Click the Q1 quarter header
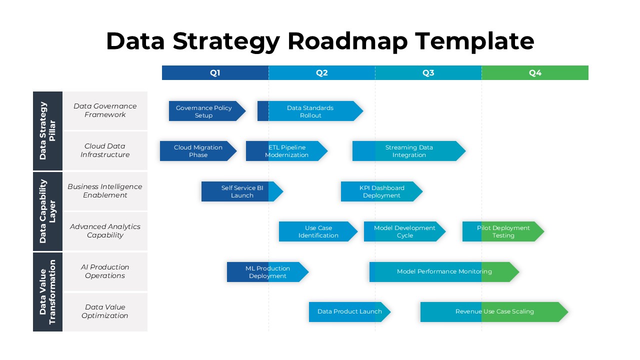pyautogui.click(x=215, y=73)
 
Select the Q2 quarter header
pyautogui.click(x=321, y=73)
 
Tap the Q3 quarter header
pyautogui.click(x=428, y=73)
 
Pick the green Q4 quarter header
pyautogui.click(x=535, y=73)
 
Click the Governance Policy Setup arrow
pyautogui.click(x=204, y=111)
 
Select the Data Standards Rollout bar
pyautogui.click(x=310, y=111)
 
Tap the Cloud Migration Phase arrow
pyautogui.click(x=198, y=151)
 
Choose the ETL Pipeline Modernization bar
pyautogui.click(x=286, y=151)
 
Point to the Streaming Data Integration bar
pyautogui.click(x=408, y=151)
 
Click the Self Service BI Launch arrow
pyautogui.click(x=242, y=191)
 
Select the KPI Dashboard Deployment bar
pyautogui.click(x=381, y=191)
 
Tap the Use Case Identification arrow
pyautogui.click(x=318, y=231)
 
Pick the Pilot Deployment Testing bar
pyautogui.click(x=503, y=231)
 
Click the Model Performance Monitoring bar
pyautogui.click(x=444, y=271)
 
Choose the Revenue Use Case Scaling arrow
pyautogui.click(x=494, y=311)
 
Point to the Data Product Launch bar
pyautogui.click(x=349, y=311)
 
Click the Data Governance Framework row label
pyautogui.click(x=105, y=110)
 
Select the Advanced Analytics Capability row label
pyautogui.click(x=105, y=231)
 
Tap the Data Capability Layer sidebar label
pyautogui.click(x=47, y=211)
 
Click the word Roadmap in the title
pyautogui.click(x=347, y=41)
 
